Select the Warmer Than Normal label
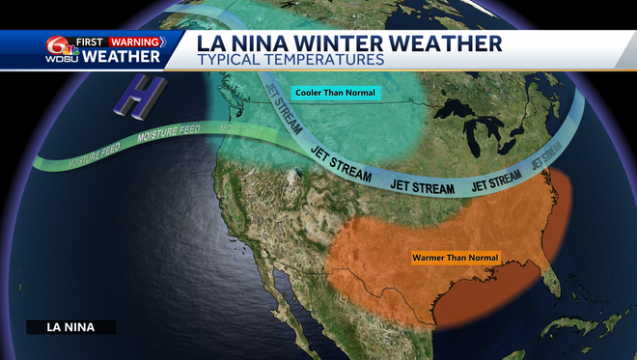tap(448, 259)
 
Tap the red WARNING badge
tap(134, 42)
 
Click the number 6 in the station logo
tap(53, 44)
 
